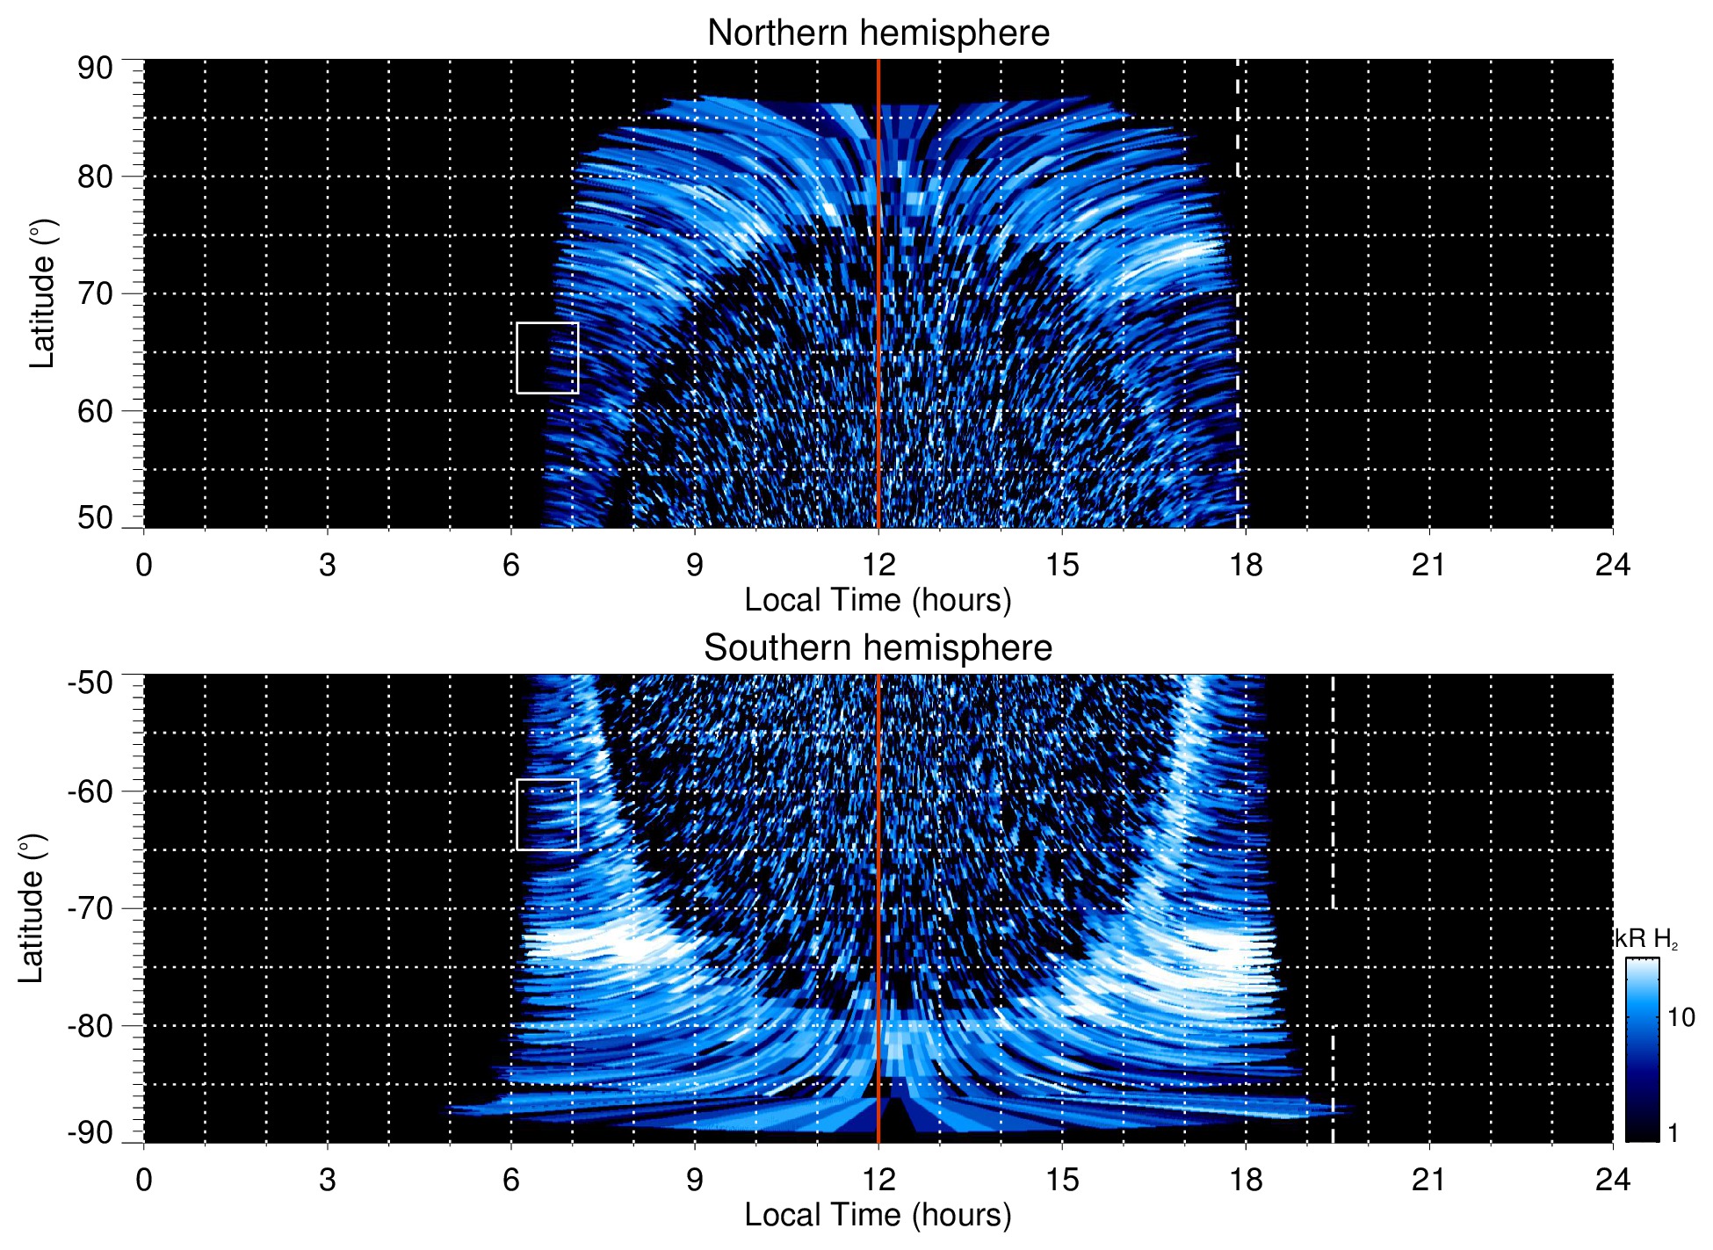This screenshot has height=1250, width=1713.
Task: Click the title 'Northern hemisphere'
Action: [x=878, y=33]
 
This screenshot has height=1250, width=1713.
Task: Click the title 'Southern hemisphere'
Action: [x=878, y=648]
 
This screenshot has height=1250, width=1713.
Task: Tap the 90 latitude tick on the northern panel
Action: [x=95, y=69]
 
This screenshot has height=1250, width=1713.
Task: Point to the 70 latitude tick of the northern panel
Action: [x=95, y=293]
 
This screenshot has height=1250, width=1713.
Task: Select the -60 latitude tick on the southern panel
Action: [x=90, y=791]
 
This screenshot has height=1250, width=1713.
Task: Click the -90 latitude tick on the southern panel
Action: [x=90, y=1133]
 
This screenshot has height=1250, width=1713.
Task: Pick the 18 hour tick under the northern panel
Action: [x=1245, y=565]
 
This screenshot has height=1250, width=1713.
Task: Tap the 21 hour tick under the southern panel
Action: [x=1428, y=1180]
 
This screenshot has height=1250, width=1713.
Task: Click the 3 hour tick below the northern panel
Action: [x=327, y=565]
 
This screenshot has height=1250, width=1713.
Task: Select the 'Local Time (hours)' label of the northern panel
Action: [x=878, y=600]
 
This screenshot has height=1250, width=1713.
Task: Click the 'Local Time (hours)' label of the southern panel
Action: [x=878, y=1215]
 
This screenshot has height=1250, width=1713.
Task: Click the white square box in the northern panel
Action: [x=547, y=358]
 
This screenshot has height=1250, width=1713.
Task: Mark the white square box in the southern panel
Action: [x=547, y=814]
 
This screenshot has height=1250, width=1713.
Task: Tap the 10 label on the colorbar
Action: [x=1680, y=1017]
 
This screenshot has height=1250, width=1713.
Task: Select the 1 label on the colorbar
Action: [x=1673, y=1133]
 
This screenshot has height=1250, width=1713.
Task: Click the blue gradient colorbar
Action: [x=1641, y=1050]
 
